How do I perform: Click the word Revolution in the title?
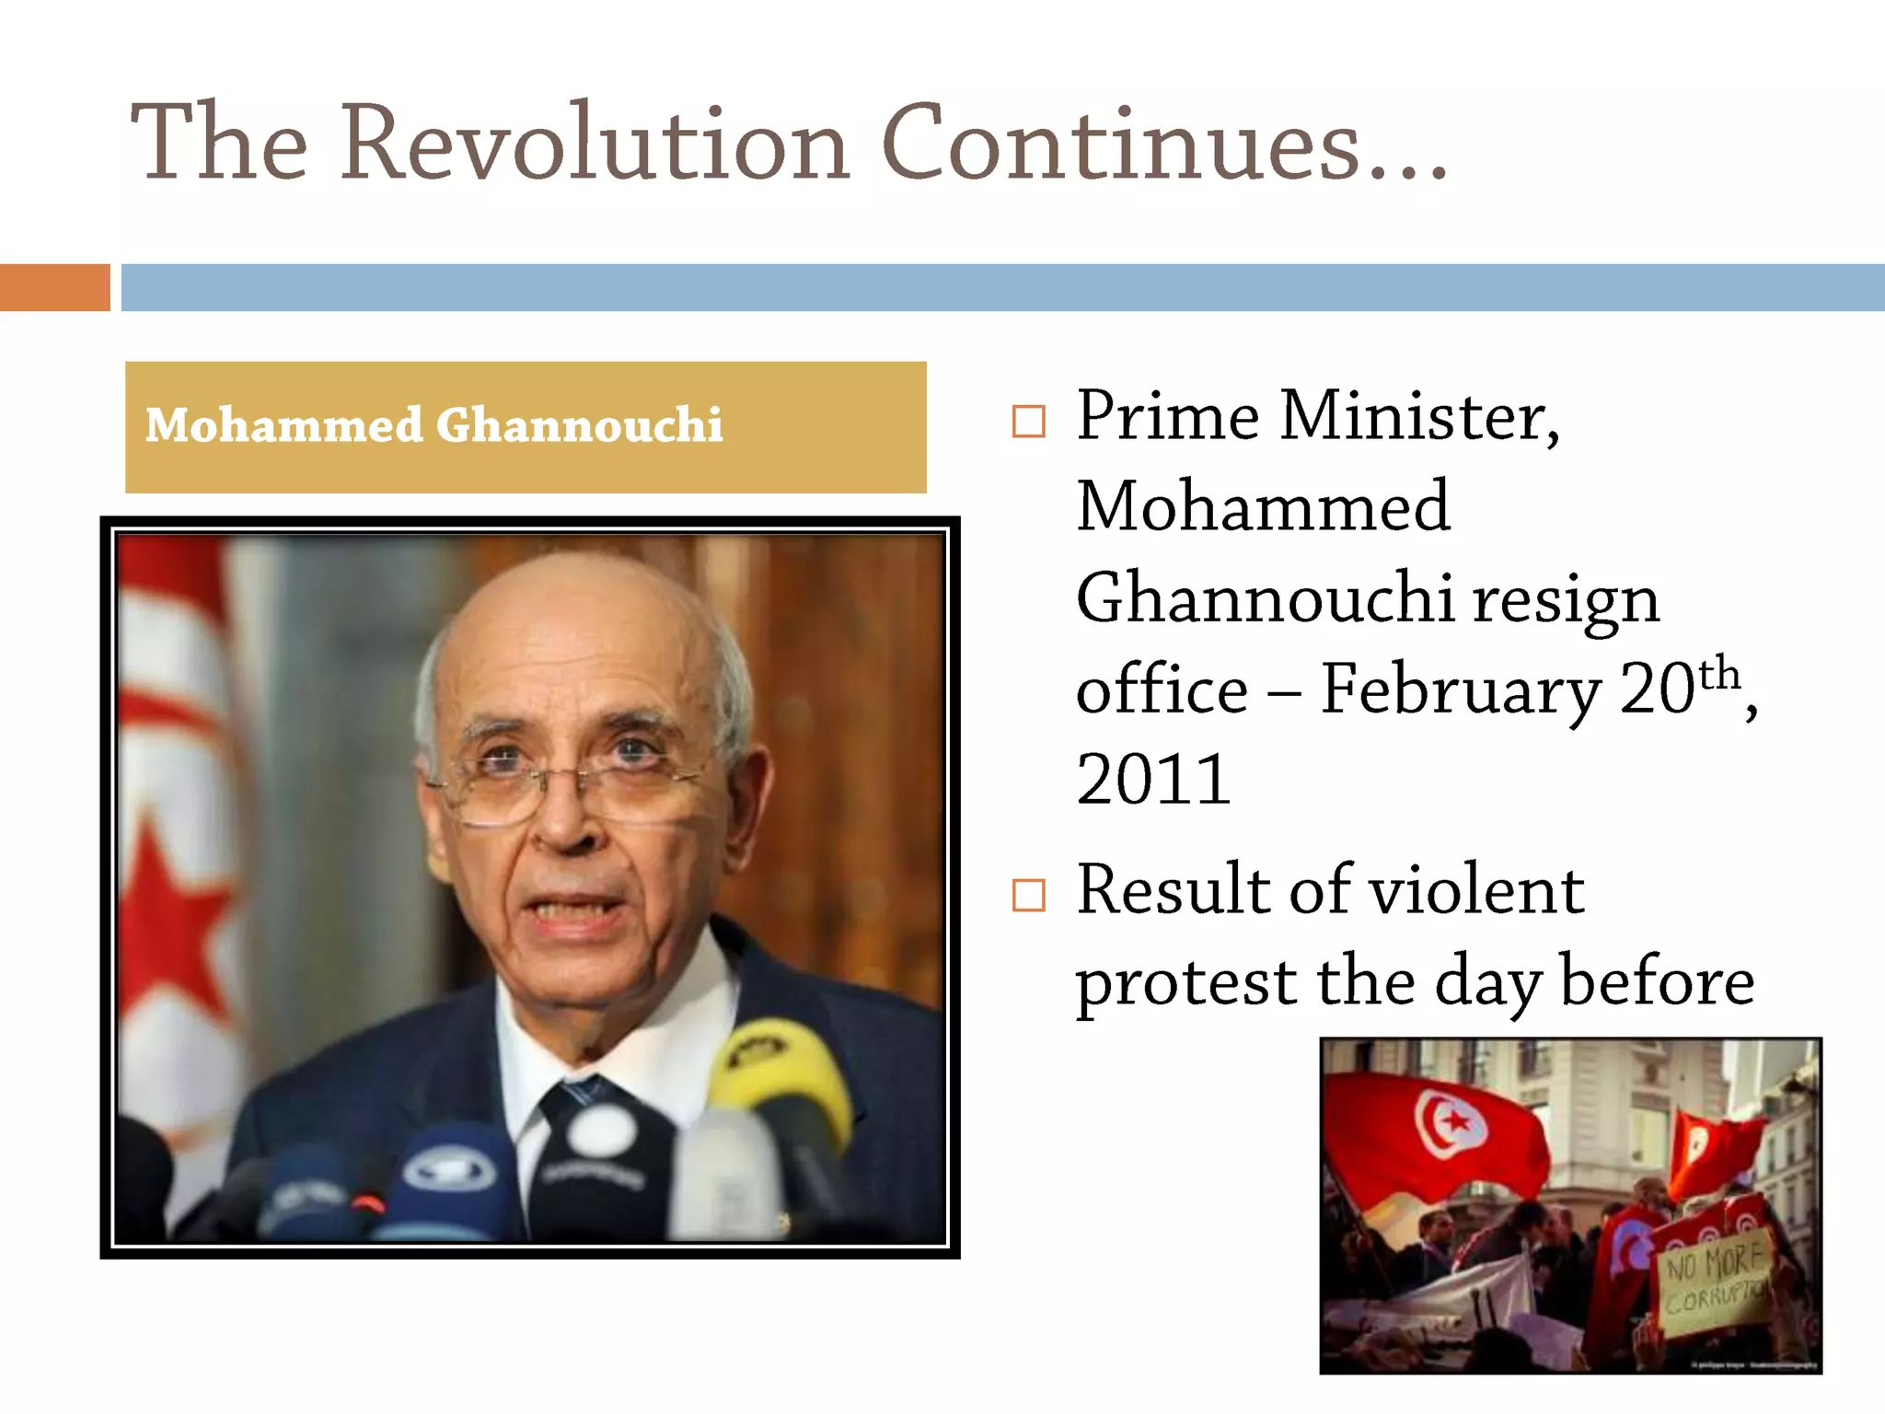pos(595,143)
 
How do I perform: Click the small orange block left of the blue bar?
pos(54,287)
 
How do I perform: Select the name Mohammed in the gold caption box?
pos(283,425)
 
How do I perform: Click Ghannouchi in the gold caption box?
pos(579,425)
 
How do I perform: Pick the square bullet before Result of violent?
pos(1028,894)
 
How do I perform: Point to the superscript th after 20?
pos(1718,674)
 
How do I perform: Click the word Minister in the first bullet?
pos(1418,417)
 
